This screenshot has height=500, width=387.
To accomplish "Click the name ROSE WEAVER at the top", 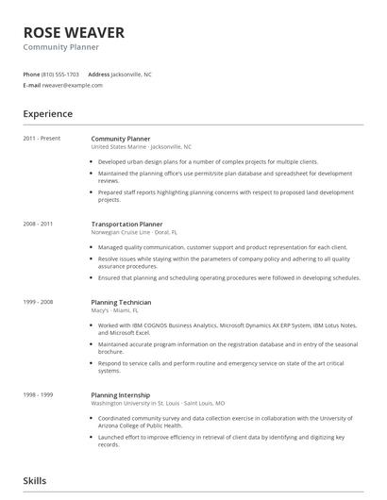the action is (74, 32).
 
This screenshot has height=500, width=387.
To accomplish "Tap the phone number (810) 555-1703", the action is (61, 74).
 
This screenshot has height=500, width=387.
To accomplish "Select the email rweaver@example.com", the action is (73, 85).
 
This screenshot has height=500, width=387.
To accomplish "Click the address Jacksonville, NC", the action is (131, 74).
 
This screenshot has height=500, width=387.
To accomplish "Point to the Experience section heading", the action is (47, 114).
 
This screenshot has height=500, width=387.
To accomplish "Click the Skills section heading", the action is (35, 480).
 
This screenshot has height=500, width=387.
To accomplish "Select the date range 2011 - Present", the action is (42, 139).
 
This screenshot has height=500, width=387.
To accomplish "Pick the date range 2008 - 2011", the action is (38, 224).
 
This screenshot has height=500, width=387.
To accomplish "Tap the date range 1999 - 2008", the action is (38, 301).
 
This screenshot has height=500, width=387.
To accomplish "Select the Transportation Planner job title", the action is (126, 224).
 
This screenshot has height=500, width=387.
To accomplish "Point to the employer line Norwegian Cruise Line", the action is (133, 232).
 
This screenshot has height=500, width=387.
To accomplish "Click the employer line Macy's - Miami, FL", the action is (114, 309).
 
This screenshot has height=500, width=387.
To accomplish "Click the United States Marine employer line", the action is (141, 147).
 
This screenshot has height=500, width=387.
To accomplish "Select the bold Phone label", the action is (31, 74).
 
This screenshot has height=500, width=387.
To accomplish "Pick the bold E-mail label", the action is (31, 85).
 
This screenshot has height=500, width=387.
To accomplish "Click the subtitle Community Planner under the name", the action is (60, 47).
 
